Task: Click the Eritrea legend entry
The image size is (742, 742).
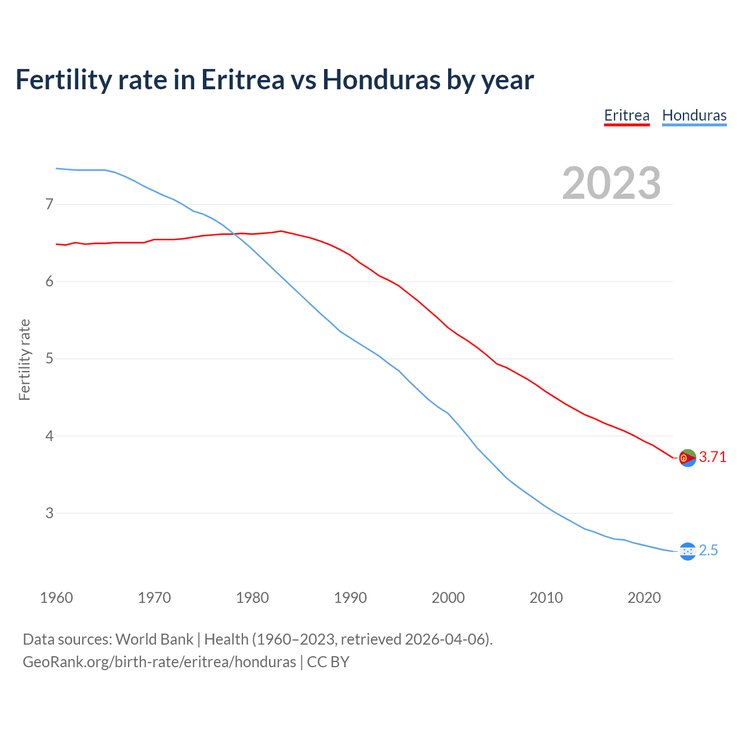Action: click(627, 115)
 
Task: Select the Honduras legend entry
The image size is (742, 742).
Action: click(694, 115)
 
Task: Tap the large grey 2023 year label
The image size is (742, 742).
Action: click(612, 183)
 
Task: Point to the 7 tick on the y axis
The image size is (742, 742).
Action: click(49, 204)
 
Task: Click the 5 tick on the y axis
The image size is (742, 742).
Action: click(49, 359)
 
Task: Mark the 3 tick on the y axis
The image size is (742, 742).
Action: click(49, 513)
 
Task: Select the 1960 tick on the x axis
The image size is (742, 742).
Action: click(56, 598)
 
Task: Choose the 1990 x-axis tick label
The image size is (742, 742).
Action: click(350, 598)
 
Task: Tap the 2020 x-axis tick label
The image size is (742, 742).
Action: click(644, 598)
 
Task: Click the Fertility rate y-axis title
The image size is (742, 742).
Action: click(24, 359)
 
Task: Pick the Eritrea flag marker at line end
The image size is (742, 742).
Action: click(688, 458)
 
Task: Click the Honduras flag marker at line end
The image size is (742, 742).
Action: click(688, 551)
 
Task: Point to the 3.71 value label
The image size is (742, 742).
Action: click(712, 457)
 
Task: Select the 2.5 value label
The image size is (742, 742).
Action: click(708, 551)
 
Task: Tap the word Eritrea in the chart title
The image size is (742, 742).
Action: click(242, 80)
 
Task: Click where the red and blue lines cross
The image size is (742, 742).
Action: click(233, 234)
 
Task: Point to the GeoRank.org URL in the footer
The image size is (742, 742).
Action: click(159, 662)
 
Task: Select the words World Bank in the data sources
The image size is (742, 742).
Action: click(154, 639)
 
